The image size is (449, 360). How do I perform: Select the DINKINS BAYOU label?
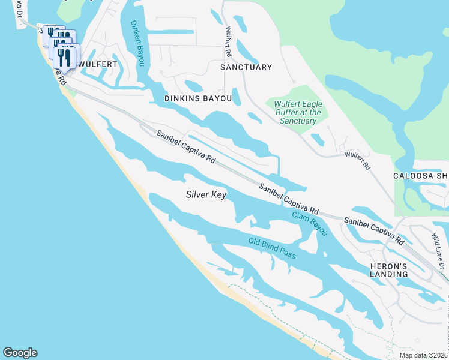[197, 97]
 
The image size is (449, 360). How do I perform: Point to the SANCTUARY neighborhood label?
[246, 67]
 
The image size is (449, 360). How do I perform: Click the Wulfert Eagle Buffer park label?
[298, 112]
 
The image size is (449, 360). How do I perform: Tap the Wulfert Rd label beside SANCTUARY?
[228, 41]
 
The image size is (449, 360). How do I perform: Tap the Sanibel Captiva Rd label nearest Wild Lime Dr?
[373, 230]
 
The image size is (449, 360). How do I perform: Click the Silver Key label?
[206, 194]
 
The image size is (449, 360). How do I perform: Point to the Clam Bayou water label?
[309, 223]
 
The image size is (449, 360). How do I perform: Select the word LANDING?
[389, 274]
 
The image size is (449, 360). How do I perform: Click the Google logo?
[20, 353]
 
